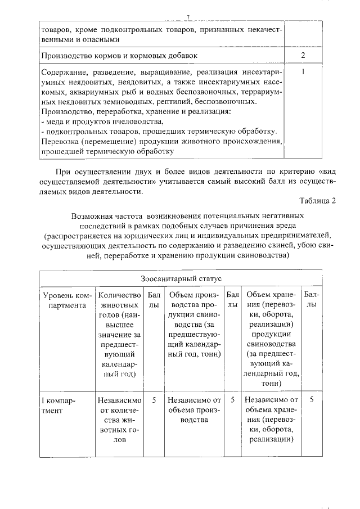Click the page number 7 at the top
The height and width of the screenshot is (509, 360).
click(x=188, y=17)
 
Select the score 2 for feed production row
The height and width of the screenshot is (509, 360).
click(x=303, y=55)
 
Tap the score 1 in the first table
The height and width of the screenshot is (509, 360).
click(x=303, y=72)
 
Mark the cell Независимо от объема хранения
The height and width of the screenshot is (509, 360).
click(x=272, y=421)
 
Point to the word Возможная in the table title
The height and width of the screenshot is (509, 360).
click(x=91, y=215)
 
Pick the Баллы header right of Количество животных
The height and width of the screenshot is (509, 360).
click(x=154, y=300)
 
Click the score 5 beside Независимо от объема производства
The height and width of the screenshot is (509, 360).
click(x=232, y=400)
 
